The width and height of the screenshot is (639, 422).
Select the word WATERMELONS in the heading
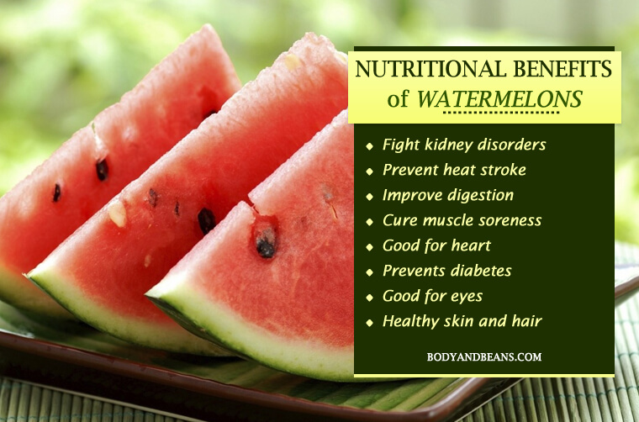499,98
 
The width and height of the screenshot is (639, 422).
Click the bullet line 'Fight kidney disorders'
464,145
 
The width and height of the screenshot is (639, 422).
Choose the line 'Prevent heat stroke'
454,170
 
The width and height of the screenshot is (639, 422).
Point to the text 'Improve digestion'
448,196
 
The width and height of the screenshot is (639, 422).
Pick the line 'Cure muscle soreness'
462,220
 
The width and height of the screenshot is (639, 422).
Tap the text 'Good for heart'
436,245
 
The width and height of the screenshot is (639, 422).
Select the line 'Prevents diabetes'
447,271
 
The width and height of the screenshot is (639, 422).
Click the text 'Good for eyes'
432,297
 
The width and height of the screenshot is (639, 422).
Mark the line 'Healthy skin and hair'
462,321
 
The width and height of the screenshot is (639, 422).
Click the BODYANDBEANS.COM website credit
484,357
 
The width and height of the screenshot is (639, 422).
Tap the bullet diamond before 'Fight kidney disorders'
370,146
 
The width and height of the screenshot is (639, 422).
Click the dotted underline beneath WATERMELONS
501,113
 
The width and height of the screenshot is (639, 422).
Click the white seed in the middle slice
118,214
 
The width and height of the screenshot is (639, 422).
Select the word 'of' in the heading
398,99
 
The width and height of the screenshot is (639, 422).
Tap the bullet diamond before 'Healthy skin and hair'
370,323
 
